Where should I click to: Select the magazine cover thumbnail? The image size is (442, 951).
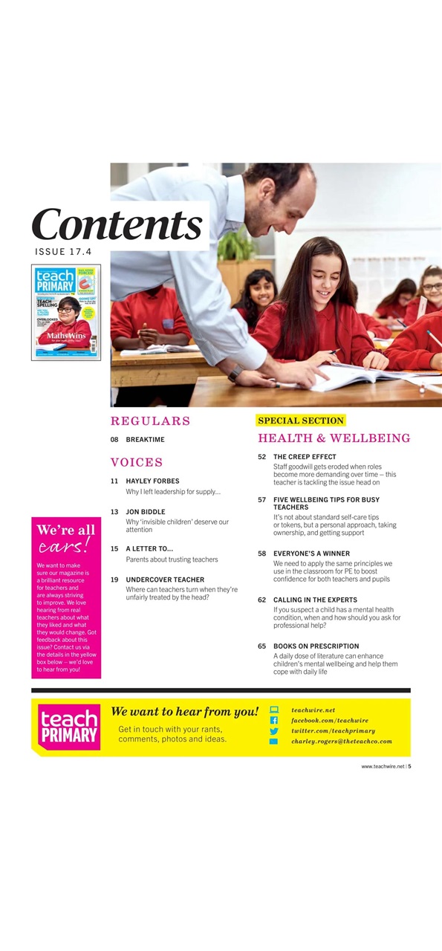tap(65, 312)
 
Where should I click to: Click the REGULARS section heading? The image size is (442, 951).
tap(150, 421)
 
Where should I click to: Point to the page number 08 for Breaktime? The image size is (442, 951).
tap(114, 440)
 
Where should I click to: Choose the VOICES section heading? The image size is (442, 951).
tap(137, 462)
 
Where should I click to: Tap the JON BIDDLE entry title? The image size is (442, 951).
tap(146, 512)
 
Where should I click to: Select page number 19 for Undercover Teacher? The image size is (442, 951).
tap(114, 580)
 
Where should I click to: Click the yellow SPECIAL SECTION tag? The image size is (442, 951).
tap(301, 421)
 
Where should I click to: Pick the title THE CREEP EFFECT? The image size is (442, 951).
tap(305, 457)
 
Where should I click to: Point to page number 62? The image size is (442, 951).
tap(262, 600)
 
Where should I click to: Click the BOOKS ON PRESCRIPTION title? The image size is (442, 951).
tap(316, 646)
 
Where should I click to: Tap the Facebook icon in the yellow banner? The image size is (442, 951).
tap(273, 721)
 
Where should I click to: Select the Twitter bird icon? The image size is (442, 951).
tap(273, 731)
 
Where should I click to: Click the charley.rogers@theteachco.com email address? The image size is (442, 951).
tap(341, 741)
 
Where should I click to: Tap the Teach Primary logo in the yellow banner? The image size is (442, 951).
tap(69, 727)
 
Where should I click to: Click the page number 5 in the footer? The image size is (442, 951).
tap(409, 767)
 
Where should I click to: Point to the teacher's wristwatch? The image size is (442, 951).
tap(235, 373)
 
